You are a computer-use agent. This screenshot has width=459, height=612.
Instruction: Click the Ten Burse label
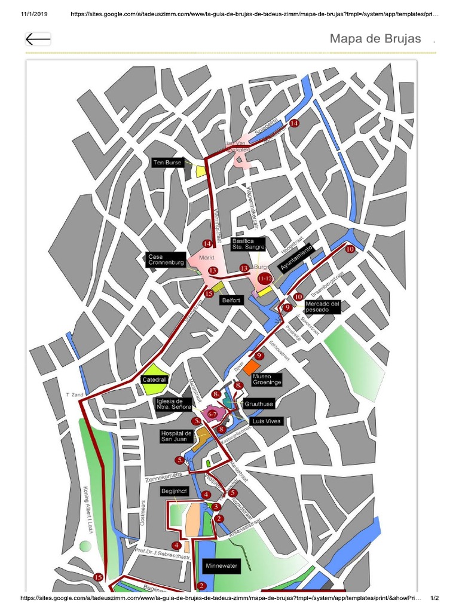pyautogui.click(x=167, y=163)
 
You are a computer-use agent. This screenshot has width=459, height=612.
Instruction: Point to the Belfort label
pyautogui.click(x=231, y=301)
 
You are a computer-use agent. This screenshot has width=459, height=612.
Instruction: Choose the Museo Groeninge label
pyautogui.click(x=267, y=379)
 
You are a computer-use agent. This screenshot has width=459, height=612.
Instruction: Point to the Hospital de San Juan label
pyautogui.click(x=176, y=436)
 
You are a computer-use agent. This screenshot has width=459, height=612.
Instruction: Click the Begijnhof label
pyautogui.click(x=174, y=491)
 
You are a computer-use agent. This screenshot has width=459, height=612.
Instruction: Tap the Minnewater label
pyautogui.click(x=221, y=565)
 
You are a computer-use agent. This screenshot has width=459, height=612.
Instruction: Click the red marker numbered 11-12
pyautogui.click(x=265, y=279)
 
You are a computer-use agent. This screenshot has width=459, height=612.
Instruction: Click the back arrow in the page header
pyautogui.click(x=38, y=39)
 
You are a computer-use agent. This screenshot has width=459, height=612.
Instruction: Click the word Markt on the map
pyautogui.click(x=206, y=258)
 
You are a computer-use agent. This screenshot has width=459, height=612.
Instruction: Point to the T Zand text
pyautogui.click(x=74, y=395)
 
